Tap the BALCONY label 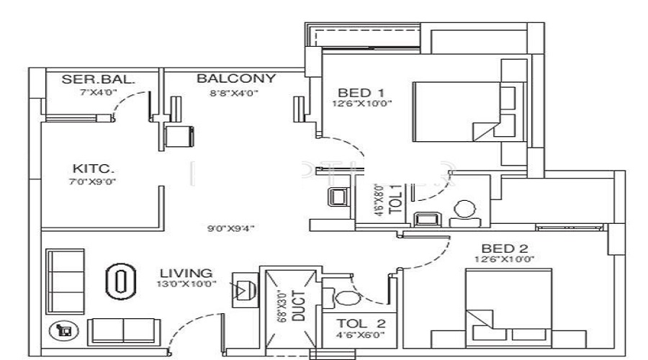236,78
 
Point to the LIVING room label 186,273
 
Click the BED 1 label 361,92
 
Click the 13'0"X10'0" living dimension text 186,284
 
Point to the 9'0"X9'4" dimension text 232,229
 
